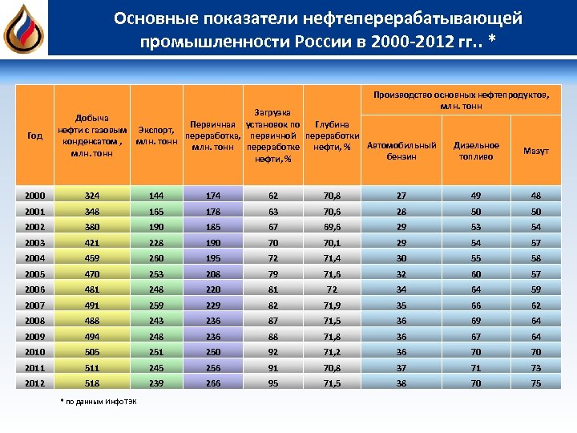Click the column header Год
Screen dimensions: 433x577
[x=34, y=136]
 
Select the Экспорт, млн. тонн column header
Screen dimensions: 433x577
[x=156, y=136]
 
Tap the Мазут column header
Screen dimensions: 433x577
[x=536, y=151]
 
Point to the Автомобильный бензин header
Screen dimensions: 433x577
[x=401, y=151]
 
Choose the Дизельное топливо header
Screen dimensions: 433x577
[x=476, y=151]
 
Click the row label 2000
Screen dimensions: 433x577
[x=34, y=195]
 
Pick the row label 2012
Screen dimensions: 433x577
[x=34, y=383]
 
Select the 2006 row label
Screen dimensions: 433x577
[x=34, y=289]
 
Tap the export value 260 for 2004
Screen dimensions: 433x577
[x=156, y=258]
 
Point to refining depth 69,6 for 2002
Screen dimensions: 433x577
[x=331, y=227]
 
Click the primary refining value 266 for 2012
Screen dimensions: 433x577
[x=212, y=383]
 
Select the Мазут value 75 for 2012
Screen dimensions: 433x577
[x=536, y=383]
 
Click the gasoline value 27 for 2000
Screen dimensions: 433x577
[x=401, y=195]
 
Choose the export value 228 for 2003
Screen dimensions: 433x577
[x=156, y=243]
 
